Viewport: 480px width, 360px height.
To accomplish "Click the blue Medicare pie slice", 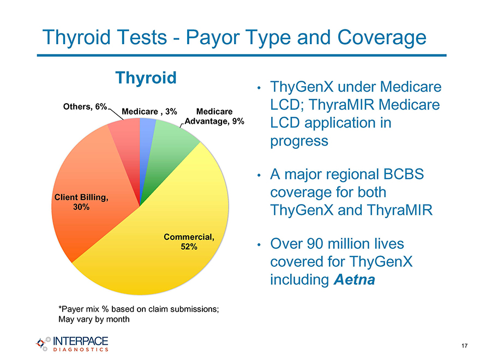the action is click(x=146, y=144).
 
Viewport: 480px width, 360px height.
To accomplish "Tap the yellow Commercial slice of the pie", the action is click(x=159, y=245).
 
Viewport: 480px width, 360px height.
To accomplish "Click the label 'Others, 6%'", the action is click(x=85, y=106).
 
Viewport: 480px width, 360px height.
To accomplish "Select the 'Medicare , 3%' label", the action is click(x=149, y=111).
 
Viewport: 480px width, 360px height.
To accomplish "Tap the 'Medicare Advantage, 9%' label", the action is click(x=214, y=116).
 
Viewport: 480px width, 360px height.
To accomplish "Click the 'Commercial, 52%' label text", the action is click(x=189, y=242).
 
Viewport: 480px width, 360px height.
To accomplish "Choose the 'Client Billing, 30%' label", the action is click(x=81, y=202).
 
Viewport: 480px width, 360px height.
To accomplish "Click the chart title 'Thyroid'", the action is click(x=146, y=78).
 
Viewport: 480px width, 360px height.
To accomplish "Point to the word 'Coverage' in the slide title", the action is click(x=382, y=38).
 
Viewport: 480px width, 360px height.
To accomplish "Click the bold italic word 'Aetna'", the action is click(x=355, y=279).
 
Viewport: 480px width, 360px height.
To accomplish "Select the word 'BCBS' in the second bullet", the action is click(x=404, y=174).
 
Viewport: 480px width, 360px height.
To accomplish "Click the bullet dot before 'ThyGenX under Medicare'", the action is click(x=259, y=88).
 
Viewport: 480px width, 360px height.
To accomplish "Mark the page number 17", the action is click(x=464, y=346).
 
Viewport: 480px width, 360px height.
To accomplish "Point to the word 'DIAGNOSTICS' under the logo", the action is click(x=81, y=350).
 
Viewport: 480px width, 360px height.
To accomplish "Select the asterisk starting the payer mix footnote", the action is click(x=60, y=307).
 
